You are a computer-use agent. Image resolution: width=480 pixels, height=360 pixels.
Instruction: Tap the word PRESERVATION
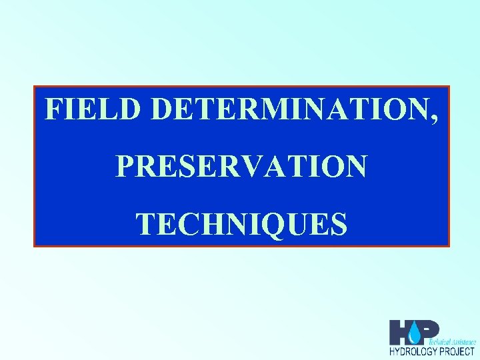coord(241,167)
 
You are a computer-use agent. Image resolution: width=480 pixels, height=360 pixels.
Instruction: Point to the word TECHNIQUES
coord(241,224)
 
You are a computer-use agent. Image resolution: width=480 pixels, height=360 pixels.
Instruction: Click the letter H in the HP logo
coord(401,332)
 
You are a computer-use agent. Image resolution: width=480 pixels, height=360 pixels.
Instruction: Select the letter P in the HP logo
coord(430,329)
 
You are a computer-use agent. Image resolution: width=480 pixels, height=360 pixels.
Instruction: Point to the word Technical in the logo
coord(445,341)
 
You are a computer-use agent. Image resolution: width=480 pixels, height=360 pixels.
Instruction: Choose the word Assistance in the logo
coord(465,341)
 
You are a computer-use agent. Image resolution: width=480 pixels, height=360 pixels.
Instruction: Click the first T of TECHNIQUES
coord(145,224)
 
